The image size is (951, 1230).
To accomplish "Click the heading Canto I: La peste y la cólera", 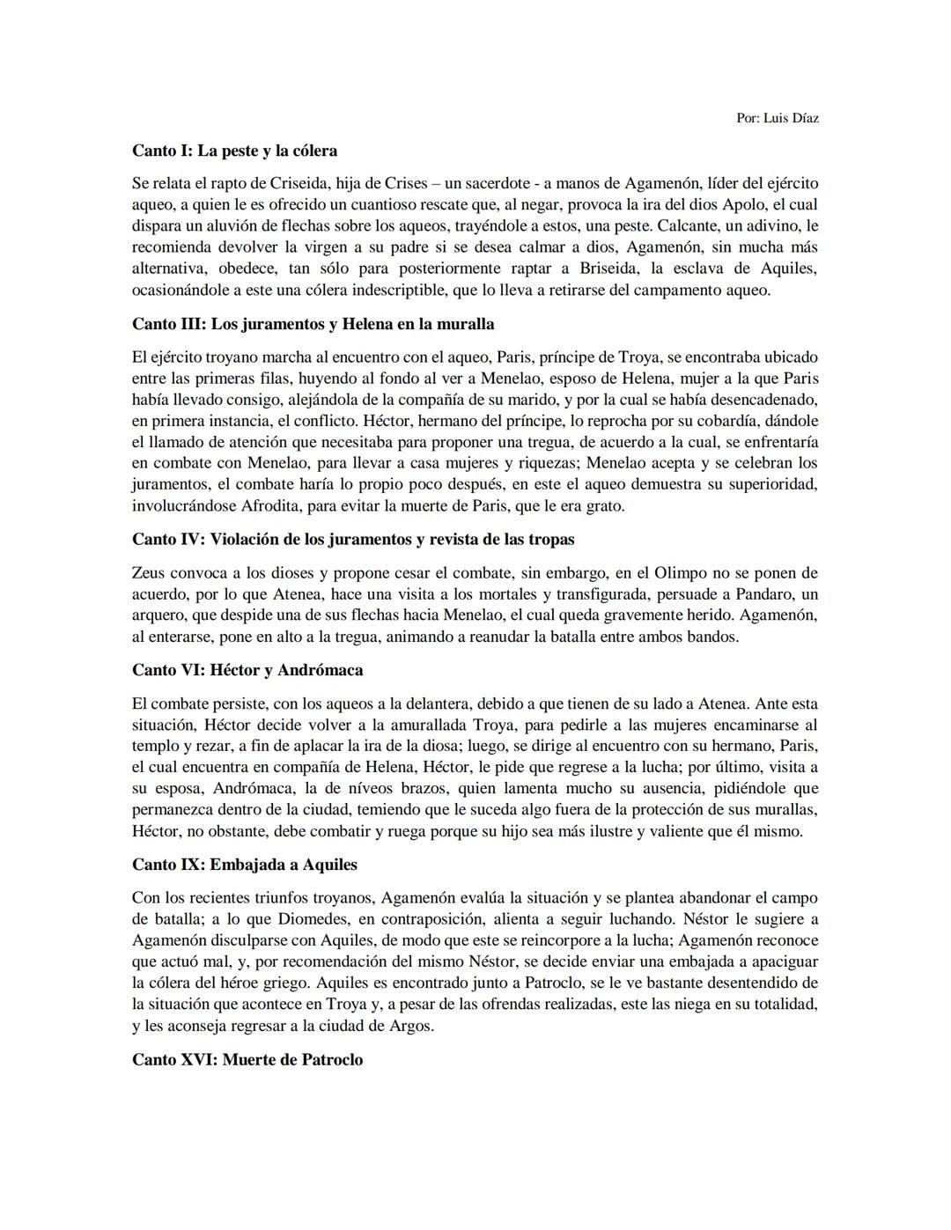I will tap(234, 151).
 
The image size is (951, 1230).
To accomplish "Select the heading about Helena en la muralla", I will tap(313, 324).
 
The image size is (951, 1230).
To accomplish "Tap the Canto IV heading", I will tap(352, 539).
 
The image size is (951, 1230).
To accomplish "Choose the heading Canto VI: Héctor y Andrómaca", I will tap(247, 670).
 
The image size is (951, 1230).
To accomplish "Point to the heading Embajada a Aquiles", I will tap(244, 865).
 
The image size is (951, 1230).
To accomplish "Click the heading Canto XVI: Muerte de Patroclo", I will tap(247, 1060).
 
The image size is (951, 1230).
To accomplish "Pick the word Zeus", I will tap(149, 573).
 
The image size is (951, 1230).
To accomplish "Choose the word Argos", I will tap(411, 1026).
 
